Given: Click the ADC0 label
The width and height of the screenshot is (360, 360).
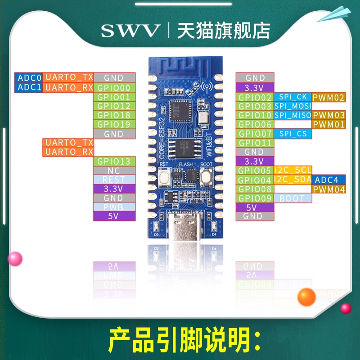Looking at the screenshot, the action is tap(29, 77).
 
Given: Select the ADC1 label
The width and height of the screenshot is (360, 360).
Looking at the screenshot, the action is tap(29, 87).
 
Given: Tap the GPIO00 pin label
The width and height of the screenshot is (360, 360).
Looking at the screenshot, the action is tap(114, 87).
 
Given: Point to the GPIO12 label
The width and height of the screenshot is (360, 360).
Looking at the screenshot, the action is tap(114, 106).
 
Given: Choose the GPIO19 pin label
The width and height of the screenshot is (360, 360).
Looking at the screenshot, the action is tap(114, 125).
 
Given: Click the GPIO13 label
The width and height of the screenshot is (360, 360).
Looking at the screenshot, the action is tap(114, 162).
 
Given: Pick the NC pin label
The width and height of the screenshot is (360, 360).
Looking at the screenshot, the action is tap(114, 171).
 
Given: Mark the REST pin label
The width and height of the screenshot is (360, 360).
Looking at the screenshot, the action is tap(114, 180).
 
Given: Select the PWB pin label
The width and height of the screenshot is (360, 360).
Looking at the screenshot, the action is tap(114, 207).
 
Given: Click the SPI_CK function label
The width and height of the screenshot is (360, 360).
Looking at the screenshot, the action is tap(292, 97).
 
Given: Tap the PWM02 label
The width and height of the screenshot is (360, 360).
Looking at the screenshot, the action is tap(328, 97).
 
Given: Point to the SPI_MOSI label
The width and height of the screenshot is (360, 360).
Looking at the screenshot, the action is tap(292, 106).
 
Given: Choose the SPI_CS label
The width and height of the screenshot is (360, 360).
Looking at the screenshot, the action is tap(292, 134).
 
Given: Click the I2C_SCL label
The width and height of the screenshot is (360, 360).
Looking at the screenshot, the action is tap(292, 170).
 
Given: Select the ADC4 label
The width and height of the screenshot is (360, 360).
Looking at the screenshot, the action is tap(329, 180).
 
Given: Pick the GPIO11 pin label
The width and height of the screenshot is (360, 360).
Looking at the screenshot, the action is tap(255, 143).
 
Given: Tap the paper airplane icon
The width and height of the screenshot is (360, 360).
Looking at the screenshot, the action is tap(335, 14).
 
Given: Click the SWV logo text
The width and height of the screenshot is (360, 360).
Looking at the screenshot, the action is tap(130, 31).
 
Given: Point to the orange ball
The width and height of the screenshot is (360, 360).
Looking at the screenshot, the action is tap(307, 297).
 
